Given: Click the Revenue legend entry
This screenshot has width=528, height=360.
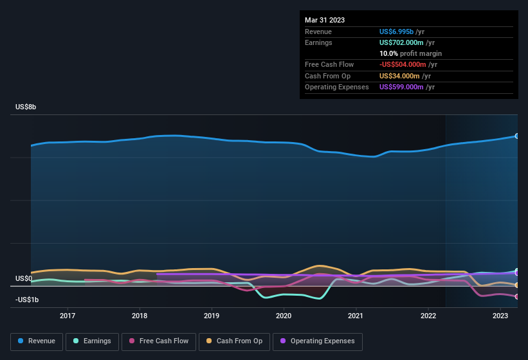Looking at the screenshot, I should pyautogui.click(x=37, y=341).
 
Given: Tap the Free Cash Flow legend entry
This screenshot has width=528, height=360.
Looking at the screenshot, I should pyautogui.click(x=159, y=341).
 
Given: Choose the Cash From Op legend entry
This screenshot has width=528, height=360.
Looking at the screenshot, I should pyautogui.click(x=233, y=341).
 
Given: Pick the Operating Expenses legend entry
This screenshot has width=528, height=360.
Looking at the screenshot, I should pyautogui.click(x=318, y=341).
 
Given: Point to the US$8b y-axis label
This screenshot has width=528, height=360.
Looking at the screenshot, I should pyautogui.click(x=26, y=107).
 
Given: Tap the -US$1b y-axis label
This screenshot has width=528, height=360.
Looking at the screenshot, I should pyautogui.click(x=26, y=300).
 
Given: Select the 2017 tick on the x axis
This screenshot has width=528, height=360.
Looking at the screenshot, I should pyautogui.click(x=68, y=316).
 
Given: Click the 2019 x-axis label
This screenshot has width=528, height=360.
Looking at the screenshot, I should pyautogui.click(x=212, y=316).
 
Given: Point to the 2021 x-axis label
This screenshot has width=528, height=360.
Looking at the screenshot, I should pyautogui.click(x=356, y=316).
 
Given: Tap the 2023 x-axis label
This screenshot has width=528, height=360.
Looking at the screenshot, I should pyautogui.click(x=500, y=316).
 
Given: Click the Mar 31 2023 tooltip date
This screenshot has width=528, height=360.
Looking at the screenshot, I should pyautogui.click(x=325, y=20).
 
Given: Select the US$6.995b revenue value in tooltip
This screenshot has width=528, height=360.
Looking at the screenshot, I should pyautogui.click(x=400, y=32).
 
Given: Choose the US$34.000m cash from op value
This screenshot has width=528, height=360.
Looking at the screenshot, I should pyautogui.click(x=400, y=76).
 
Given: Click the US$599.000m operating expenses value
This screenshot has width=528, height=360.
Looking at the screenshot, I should pyautogui.click(x=403, y=87).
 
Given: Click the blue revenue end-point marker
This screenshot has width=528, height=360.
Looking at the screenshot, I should pyautogui.click(x=517, y=136).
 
